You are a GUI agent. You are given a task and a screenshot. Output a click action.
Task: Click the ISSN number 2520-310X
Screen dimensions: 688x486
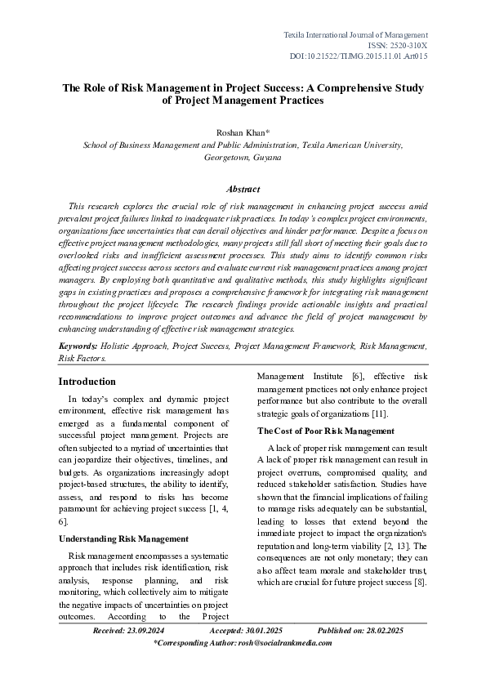[x=405, y=46]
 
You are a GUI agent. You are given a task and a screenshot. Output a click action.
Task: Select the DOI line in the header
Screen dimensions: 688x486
[x=359, y=56]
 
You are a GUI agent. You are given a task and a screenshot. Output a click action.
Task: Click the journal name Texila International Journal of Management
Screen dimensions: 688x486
[x=355, y=35]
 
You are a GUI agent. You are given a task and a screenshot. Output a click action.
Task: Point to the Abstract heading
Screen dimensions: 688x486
[x=243, y=189]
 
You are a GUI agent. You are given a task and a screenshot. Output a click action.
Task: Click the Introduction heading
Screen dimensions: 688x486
[x=87, y=382]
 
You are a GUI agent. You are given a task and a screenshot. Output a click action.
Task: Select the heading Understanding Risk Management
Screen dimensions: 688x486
[x=124, y=538]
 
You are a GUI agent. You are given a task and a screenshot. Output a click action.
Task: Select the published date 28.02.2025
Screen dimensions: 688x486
[x=384, y=630]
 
